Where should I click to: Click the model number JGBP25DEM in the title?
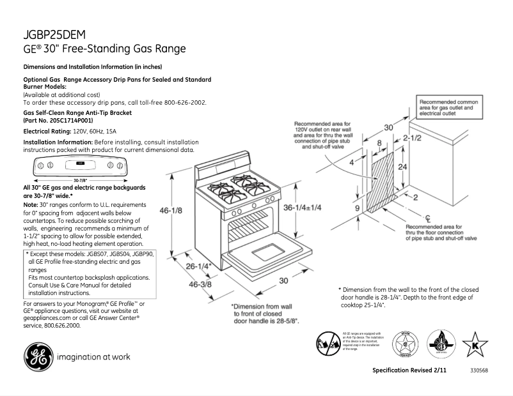click(54, 35)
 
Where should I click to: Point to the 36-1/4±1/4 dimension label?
click(303, 208)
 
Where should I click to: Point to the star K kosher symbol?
click(475, 346)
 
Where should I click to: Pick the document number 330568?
click(479, 371)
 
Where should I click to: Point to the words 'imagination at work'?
click(94, 357)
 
